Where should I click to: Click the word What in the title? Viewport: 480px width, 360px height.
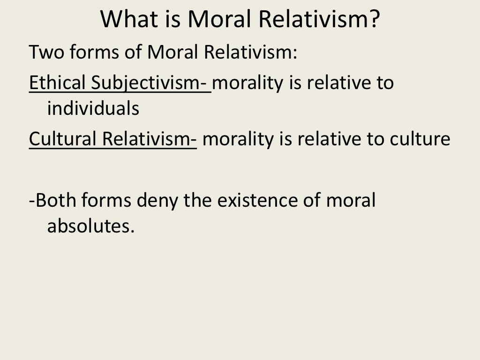click(127, 20)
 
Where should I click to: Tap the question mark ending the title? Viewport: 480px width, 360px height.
click(372, 20)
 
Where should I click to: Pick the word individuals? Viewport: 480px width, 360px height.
click(93, 109)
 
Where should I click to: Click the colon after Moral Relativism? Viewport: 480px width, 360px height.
click(295, 53)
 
